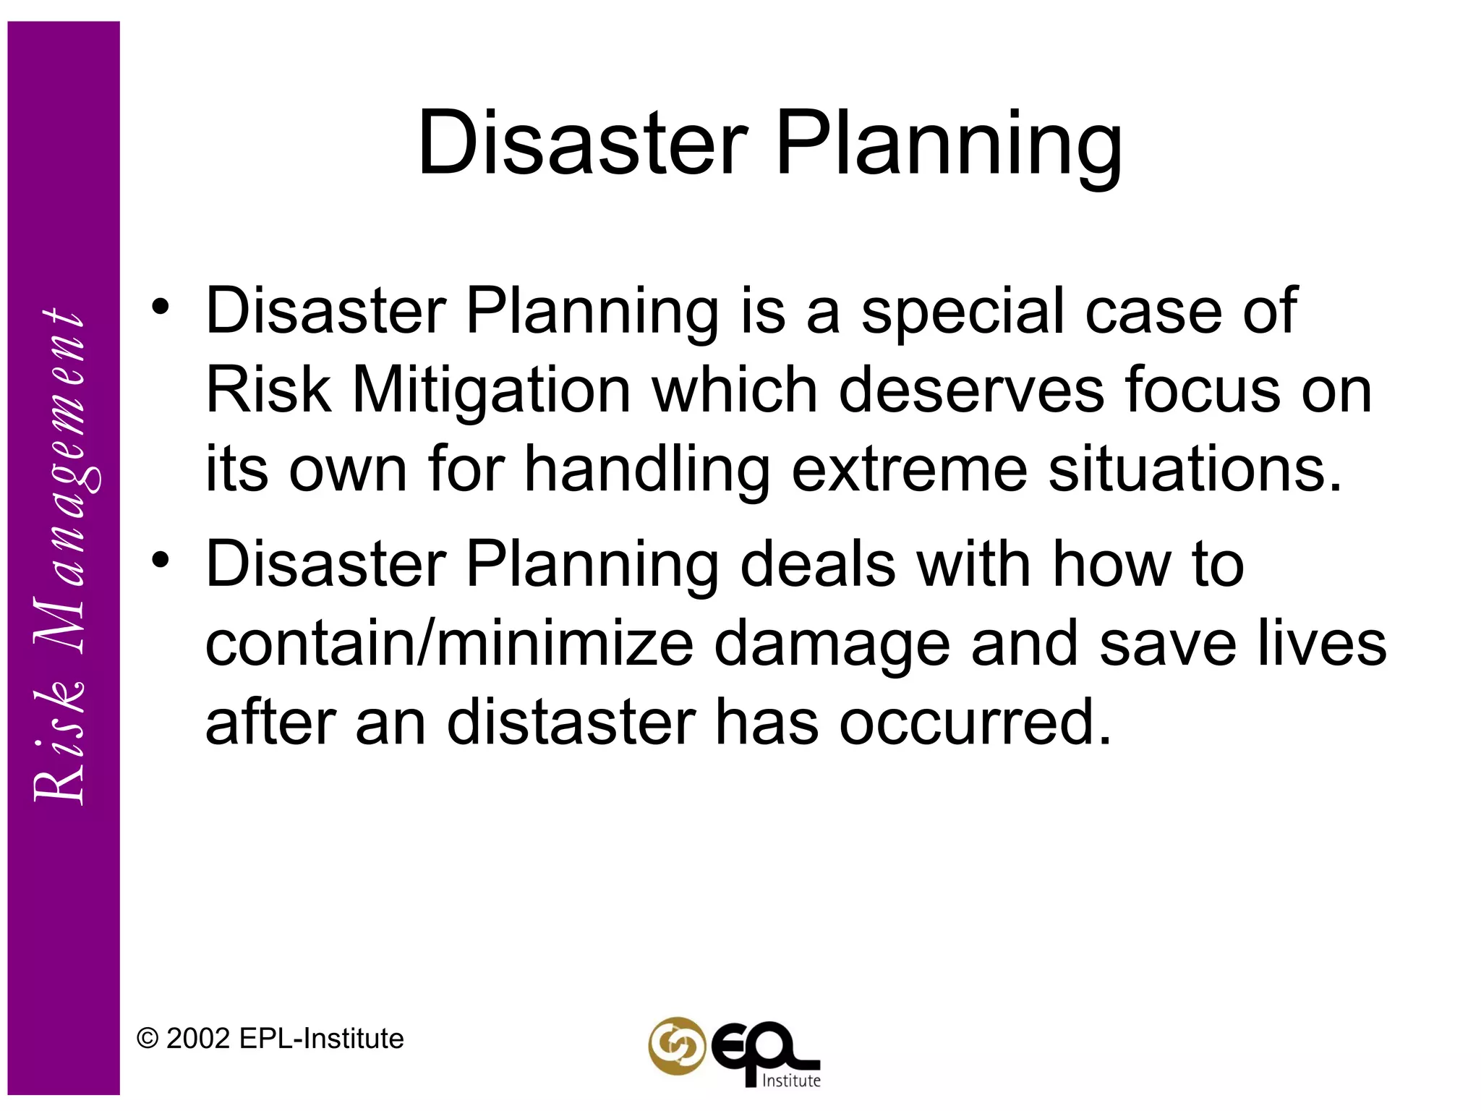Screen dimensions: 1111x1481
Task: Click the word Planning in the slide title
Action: click(948, 145)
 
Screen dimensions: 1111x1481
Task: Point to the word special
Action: click(963, 312)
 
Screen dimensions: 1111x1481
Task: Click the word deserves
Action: click(970, 391)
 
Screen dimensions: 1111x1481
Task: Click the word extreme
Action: click(909, 470)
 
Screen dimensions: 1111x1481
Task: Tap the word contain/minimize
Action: click(449, 644)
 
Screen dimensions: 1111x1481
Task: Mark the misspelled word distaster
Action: click(571, 723)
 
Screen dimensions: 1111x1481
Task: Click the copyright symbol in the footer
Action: click(148, 1039)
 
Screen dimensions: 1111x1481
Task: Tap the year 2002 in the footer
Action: click(198, 1039)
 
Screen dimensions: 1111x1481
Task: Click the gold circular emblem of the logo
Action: click(676, 1046)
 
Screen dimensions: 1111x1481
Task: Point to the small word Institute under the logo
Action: click(792, 1081)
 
